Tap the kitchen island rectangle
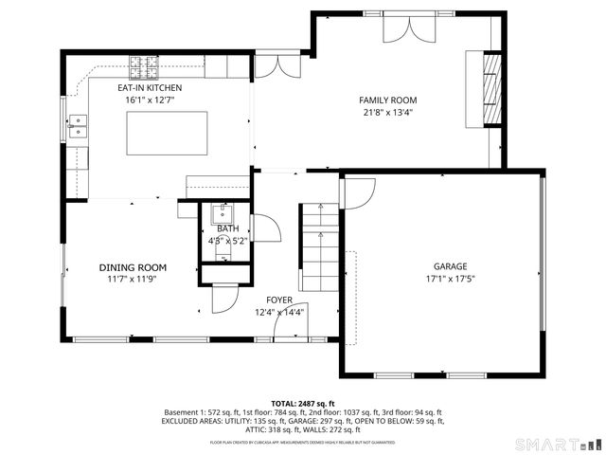(x=167, y=134)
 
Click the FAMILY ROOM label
(x=387, y=100)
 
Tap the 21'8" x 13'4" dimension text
(x=387, y=112)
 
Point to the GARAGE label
(x=451, y=267)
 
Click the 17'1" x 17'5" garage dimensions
(x=451, y=279)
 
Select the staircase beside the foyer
(x=319, y=247)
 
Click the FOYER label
(x=279, y=300)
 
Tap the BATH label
(x=227, y=228)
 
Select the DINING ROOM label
(x=133, y=268)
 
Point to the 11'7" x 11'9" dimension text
(x=133, y=280)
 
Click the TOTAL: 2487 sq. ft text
(x=303, y=403)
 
